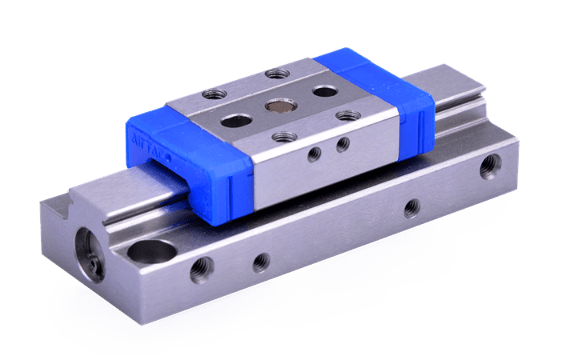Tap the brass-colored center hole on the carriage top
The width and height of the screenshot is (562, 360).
tap(281, 104)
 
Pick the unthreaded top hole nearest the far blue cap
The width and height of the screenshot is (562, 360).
tap(323, 90)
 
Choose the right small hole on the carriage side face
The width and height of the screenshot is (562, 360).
tap(343, 144)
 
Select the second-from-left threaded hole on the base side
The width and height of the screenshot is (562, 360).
tap(260, 261)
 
